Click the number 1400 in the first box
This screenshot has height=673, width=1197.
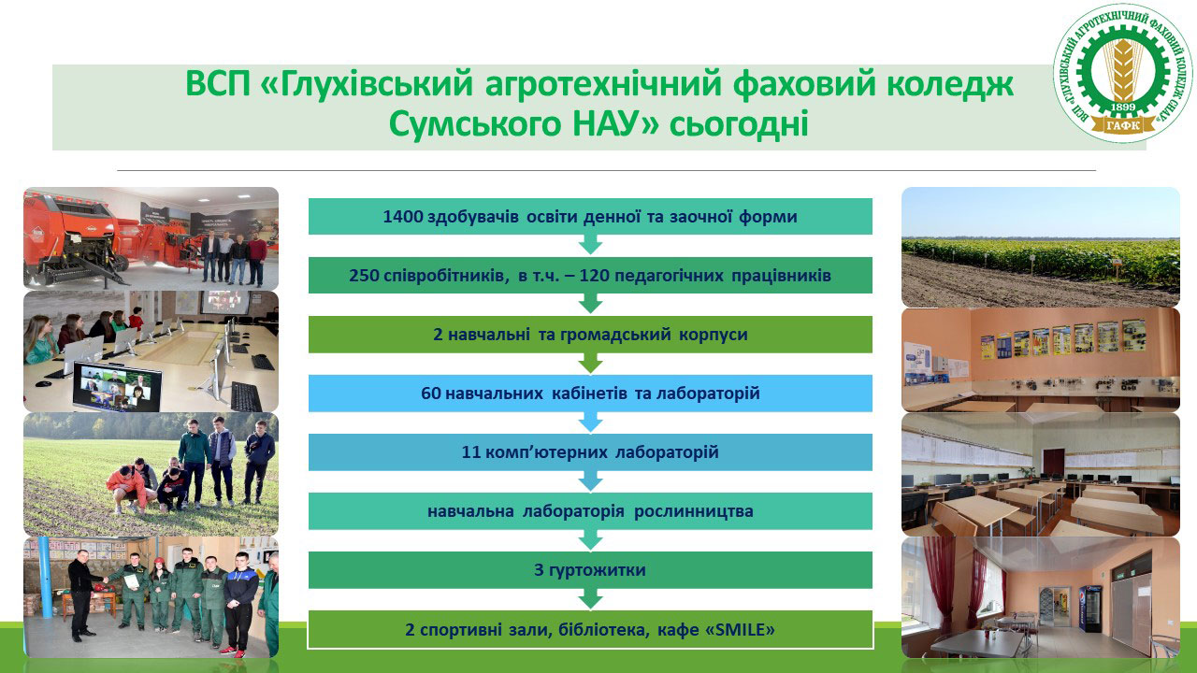pos(403,217)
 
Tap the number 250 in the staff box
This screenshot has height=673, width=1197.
pos(365,276)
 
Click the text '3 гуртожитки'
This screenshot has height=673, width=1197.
pos(590,570)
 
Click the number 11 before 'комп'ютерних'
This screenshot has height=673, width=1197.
pos(471,452)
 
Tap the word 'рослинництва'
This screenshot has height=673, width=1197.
pos(694,511)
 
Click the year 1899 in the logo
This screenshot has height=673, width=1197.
pos(1123,107)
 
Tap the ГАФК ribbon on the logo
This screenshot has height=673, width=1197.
pos(1123,124)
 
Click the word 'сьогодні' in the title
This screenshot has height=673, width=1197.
pos(739,124)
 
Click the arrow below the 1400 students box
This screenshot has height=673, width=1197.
pos(590,244)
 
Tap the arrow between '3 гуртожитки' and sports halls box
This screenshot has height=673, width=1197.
pos(590,598)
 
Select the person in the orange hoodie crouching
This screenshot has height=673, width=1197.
pos(127,488)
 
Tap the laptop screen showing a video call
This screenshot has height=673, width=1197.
pos(117,386)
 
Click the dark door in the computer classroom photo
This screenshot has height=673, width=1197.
pos(1053,462)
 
